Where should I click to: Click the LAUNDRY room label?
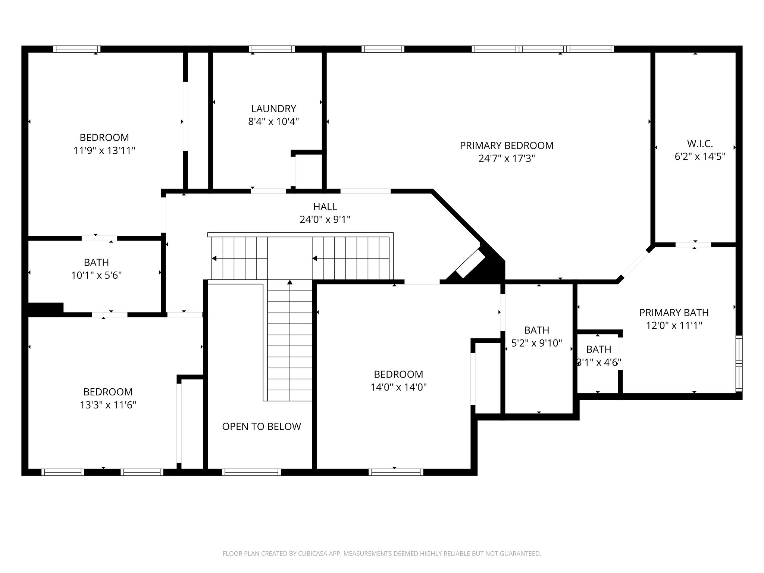(273, 109)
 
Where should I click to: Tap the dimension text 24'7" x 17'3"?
(507, 159)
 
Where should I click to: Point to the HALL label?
(325, 206)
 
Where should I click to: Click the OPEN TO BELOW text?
(261, 426)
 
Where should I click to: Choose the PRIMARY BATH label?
(674, 313)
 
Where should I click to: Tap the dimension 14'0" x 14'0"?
(398, 387)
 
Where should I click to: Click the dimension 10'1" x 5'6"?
(97, 275)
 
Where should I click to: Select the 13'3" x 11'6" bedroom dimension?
(108, 405)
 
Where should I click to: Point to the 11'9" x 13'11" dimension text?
(104, 151)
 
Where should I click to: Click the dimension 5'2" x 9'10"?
(536, 343)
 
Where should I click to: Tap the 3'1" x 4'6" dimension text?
(599, 363)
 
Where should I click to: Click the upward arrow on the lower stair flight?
(290, 282)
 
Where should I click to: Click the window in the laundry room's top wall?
(272, 49)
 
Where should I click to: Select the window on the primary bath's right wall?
(739, 363)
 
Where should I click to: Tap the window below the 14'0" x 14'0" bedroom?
(395, 472)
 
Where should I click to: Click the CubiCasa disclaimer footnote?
(382, 554)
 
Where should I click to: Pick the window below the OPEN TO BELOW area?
(251, 472)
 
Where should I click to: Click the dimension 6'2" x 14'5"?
(700, 156)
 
